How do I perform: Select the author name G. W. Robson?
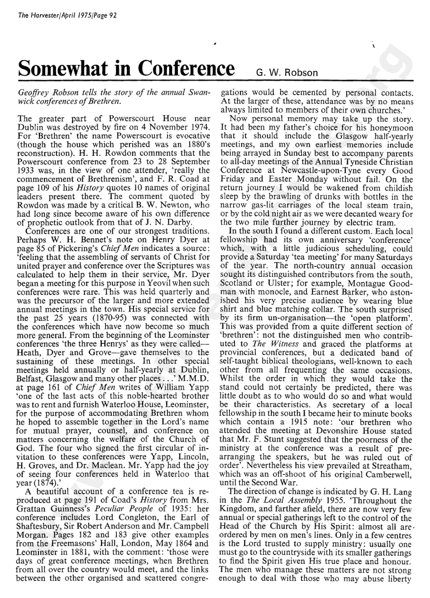287,72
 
